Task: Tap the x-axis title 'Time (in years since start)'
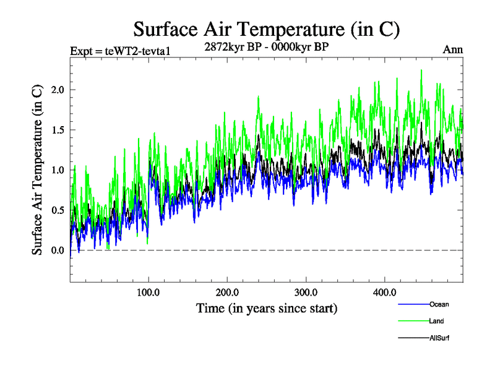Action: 267,308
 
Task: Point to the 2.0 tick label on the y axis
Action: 58,90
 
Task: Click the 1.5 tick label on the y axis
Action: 58,130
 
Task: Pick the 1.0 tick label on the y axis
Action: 58,170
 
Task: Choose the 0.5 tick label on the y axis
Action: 58,210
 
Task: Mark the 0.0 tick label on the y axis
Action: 58,250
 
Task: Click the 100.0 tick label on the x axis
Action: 148,292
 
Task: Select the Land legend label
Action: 436,322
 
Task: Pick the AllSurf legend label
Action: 439,338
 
